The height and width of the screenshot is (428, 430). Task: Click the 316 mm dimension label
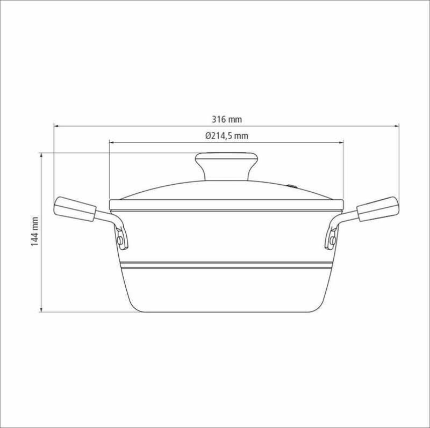(x=226, y=119)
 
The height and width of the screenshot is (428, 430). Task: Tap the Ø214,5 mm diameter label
(x=227, y=136)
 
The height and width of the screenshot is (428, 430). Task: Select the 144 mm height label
(x=34, y=231)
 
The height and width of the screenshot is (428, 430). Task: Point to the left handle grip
(x=75, y=209)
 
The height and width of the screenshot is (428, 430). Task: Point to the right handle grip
(x=378, y=209)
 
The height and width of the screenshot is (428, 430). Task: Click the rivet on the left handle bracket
(x=120, y=241)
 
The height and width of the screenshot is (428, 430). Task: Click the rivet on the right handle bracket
(x=333, y=241)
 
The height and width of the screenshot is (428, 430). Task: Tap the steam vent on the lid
(x=292, y=186)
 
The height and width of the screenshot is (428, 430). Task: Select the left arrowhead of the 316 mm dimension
(x=56, y=126)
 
